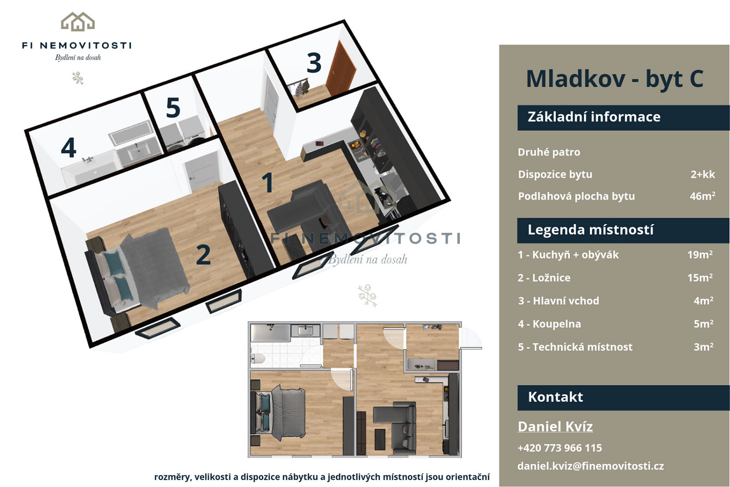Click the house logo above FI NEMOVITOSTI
click(78, 21)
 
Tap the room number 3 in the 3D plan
click(314, 62)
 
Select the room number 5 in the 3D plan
click(173, 108)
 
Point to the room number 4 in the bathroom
click(69, 148)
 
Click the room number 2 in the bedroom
click(204, 254)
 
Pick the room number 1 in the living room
click(268, 182)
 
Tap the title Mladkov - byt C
click(615, 79)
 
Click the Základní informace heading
click(594, 117)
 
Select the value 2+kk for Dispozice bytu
click(703, 174)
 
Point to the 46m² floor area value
click(702, 196)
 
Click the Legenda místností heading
click(590, 230)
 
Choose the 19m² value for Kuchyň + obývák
click(700, 254)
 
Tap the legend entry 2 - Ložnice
click(544, 278)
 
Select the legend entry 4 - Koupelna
click(549, 324)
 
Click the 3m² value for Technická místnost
click(703, 347)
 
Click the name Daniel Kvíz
click(555, 427)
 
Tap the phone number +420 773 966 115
click(560, 448)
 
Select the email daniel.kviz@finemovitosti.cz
click(590, 466)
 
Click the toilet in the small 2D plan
click(258, 359)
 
